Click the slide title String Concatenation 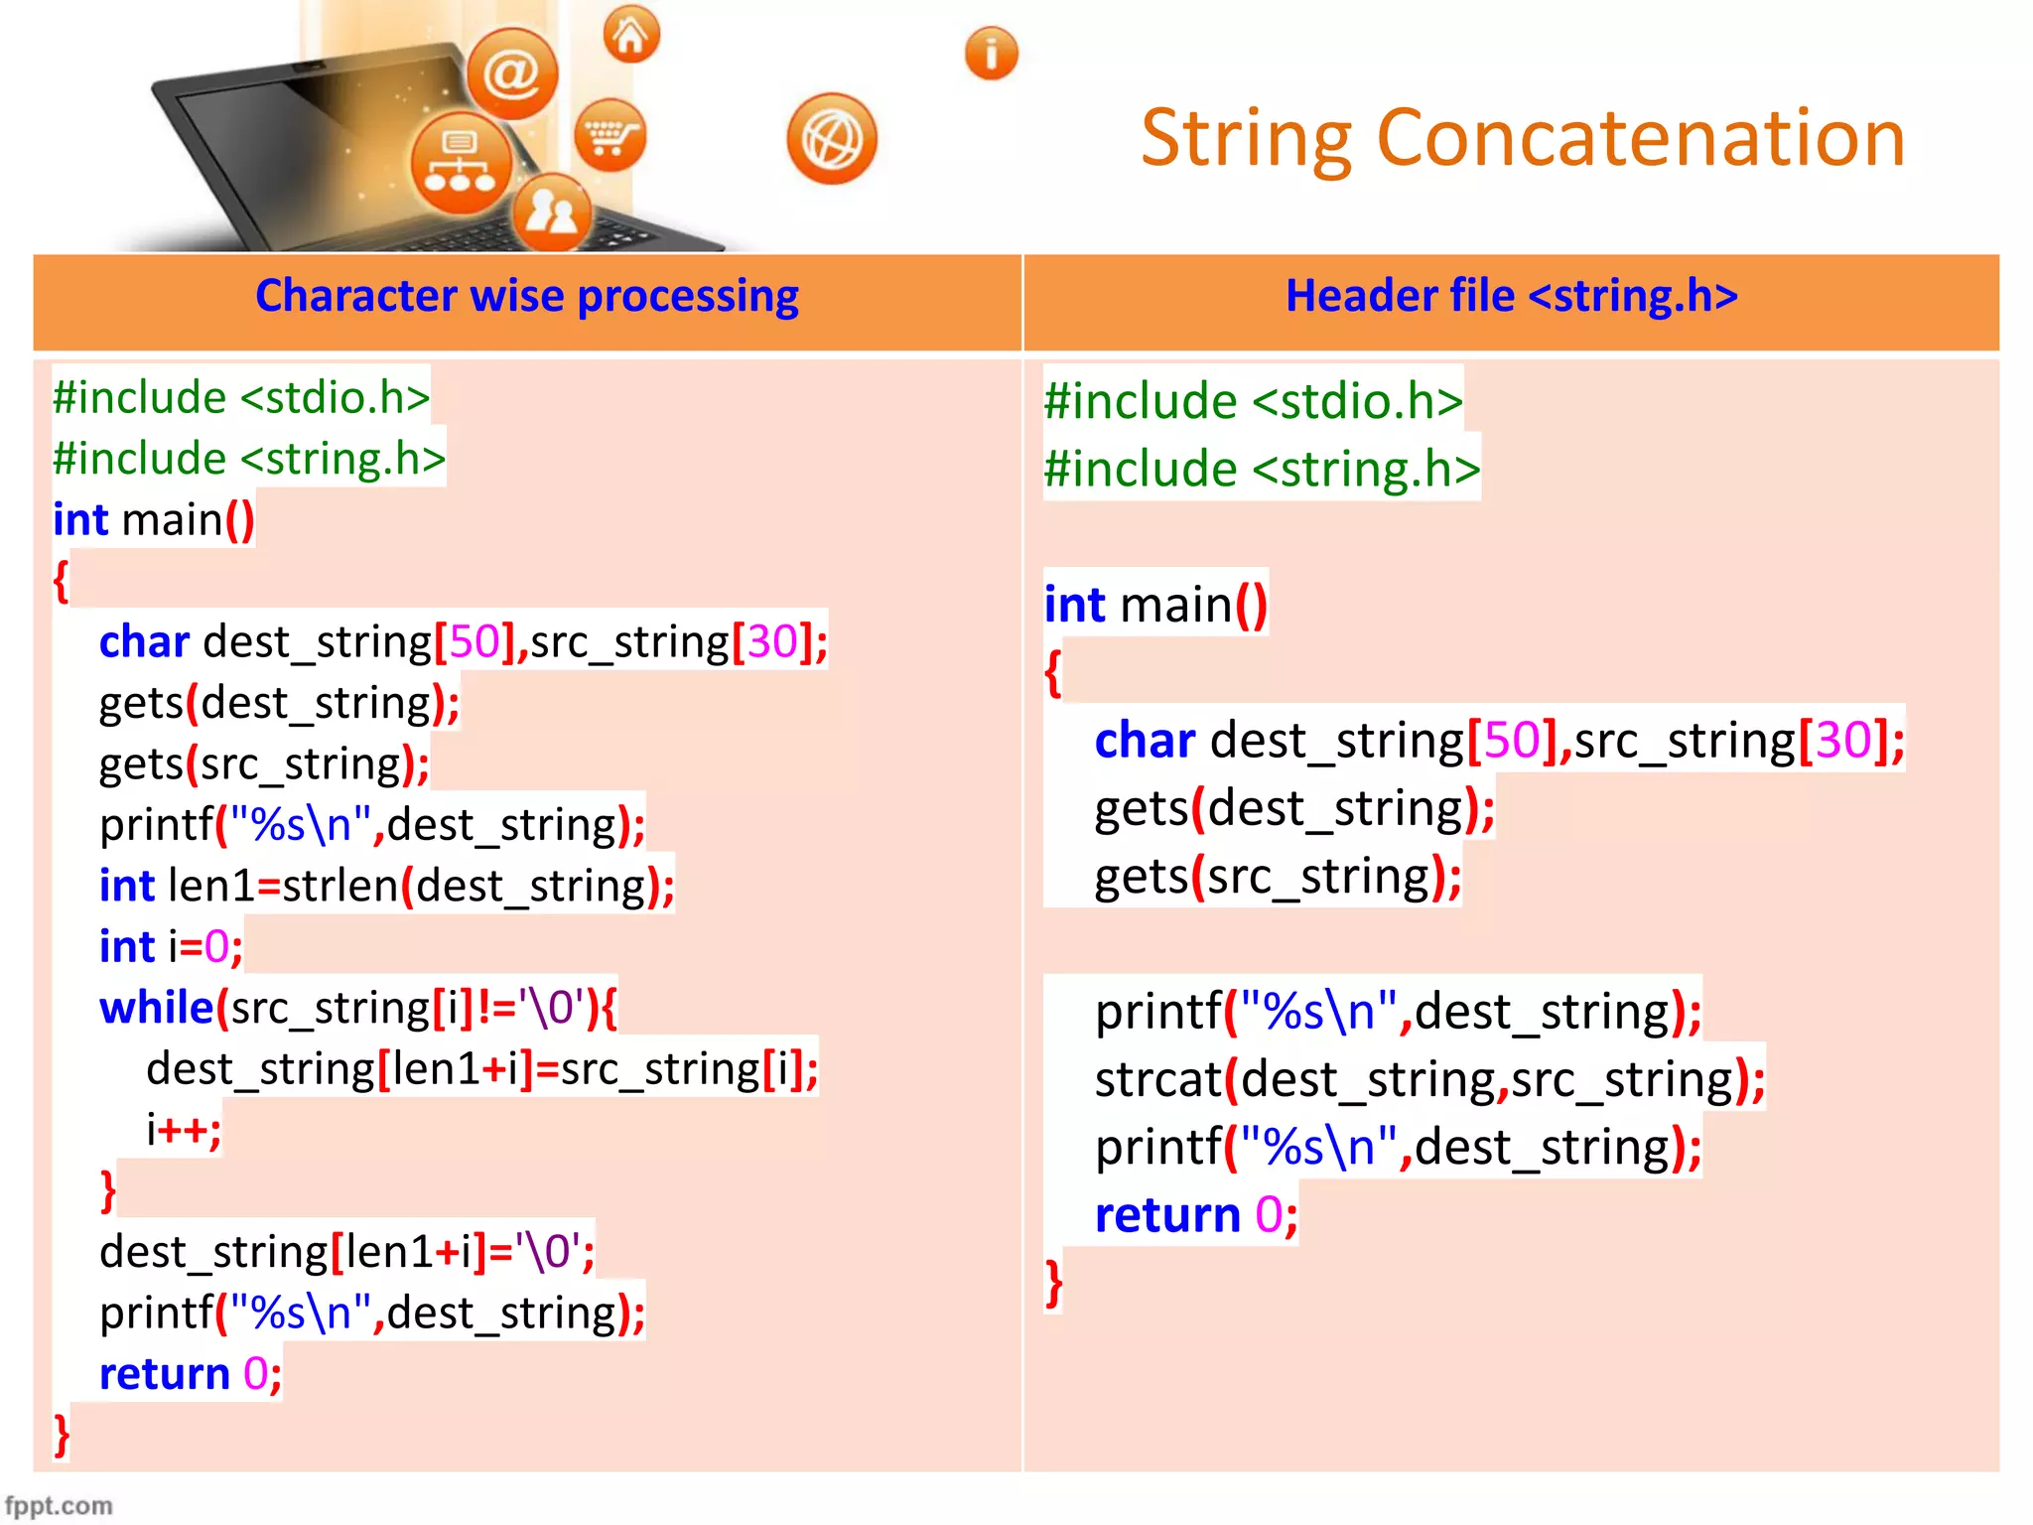[1522, 139]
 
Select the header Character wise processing [526, 297]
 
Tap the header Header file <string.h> [1511, 297]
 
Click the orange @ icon [512, 73]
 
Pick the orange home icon [631, 36]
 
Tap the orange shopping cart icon [610, 135]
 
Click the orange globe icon [832, 139]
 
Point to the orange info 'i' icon [991, 54]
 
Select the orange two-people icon [552, 211]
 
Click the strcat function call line [1429, 1080]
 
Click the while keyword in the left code [157, 1009]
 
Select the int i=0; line [171, 947]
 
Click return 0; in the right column [1195, 1215]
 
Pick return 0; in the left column [191, 1375]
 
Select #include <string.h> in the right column [1261, 469]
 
